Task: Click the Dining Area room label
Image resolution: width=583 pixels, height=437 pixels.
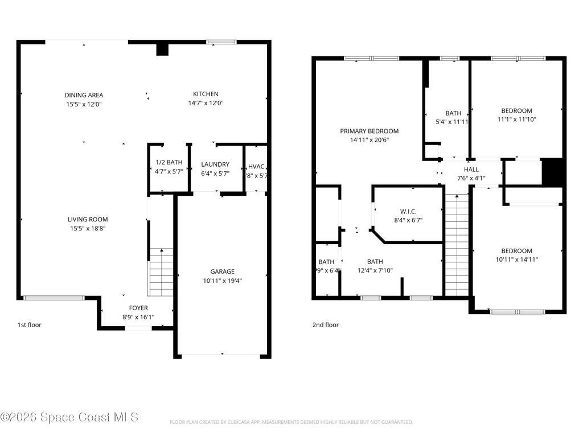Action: (84, 95)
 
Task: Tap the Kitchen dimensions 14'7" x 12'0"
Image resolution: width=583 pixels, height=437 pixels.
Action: (206, 104)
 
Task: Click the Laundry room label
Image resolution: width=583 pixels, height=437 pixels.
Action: (215, 164)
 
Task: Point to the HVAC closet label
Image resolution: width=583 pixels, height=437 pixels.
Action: (257, 167)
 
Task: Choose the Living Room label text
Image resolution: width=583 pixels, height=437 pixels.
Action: (88, 219)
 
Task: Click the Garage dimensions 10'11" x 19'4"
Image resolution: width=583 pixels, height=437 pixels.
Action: (222, 281)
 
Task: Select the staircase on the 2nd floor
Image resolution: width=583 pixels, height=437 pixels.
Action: (456, 245)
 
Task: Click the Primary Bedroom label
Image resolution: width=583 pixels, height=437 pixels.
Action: (369, 131)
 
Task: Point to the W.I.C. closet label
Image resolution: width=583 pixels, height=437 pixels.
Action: (408, 211)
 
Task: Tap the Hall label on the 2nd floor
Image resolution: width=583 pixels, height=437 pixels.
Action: (471, 170)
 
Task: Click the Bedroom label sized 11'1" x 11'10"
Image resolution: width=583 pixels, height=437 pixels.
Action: (516, 111)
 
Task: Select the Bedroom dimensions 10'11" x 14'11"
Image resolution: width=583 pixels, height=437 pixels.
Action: (516, 259)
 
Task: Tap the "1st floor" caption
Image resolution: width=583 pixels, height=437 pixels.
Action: (29, 325)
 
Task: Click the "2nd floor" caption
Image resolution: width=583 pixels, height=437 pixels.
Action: (325, 325)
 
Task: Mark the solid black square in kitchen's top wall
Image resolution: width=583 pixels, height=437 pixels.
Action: (163, 50)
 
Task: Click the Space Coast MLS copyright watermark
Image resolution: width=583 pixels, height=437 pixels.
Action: (69, 417)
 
